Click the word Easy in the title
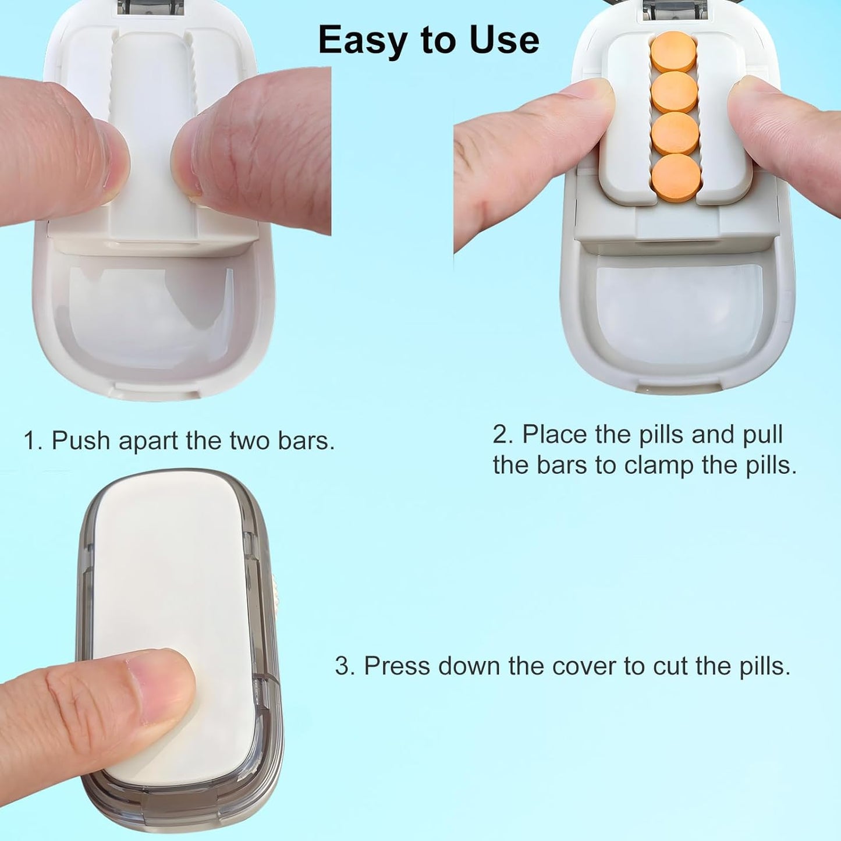[354, 41]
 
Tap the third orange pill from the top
[675, 134]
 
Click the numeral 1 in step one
[30, 441]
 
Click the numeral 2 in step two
[502, 435]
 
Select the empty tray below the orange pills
[678, 311]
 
